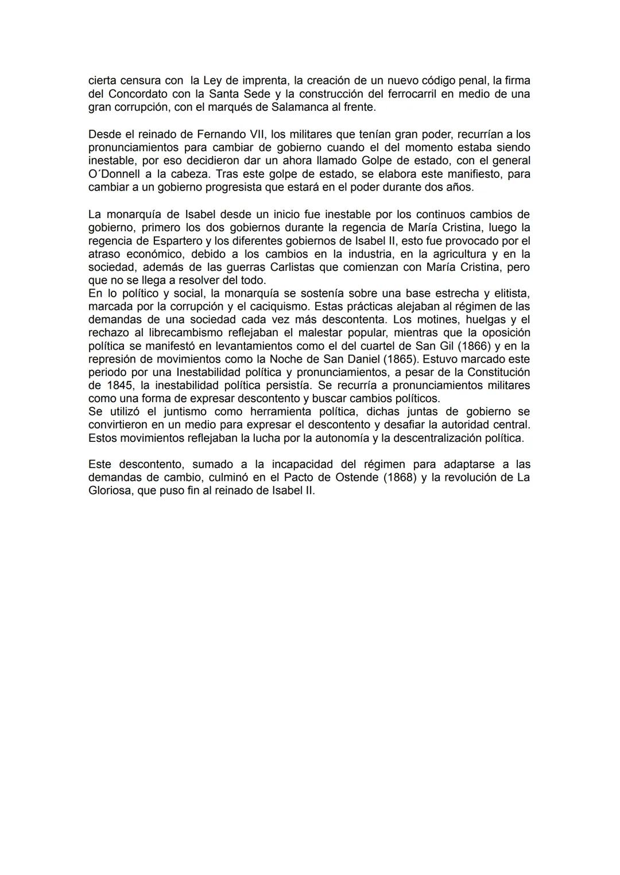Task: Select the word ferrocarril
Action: point(397,94)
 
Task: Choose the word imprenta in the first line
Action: point(266,81)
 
